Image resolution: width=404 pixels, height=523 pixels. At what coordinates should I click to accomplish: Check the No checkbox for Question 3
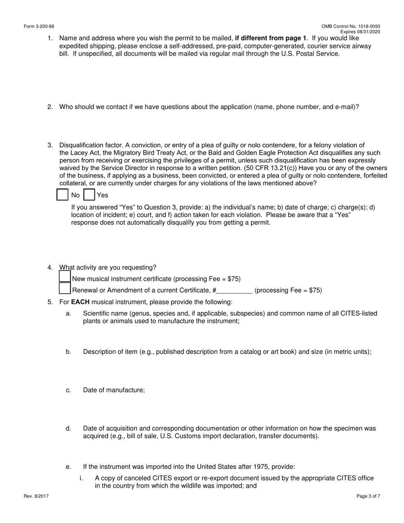click(x=63, y=195)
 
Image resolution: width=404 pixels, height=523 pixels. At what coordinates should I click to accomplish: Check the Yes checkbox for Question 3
click(x=89, y=195)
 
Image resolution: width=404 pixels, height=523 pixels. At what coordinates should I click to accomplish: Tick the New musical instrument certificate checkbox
click(x=65, y=277)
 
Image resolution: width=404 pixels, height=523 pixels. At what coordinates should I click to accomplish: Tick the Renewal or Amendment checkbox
click(x=65, y=288)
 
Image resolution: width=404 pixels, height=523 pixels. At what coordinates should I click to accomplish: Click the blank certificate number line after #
click(x=235, y=291)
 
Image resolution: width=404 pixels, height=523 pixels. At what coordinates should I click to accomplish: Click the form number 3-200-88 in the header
click(x=39, y=26)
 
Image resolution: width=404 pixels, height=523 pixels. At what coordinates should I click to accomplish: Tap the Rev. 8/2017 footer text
click(x=36, y=496)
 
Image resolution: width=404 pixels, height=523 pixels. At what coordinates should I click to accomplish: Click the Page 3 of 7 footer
click(x=368, y=496)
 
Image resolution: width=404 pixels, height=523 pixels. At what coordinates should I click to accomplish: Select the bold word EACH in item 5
click(x=80, y=302)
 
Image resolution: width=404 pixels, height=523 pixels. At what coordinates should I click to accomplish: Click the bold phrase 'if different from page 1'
click(x=270, y=38)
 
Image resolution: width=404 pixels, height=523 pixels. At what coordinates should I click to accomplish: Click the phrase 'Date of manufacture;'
click(x=114, y=390)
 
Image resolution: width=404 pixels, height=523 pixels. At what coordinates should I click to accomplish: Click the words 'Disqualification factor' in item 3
click(x=86, y=145)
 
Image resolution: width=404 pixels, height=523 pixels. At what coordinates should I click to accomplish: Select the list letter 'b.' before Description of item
click(x=68, y=352)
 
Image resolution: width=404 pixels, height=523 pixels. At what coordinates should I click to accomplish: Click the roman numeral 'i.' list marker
click(x=81, y=478)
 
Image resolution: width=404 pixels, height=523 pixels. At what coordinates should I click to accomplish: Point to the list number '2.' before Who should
click(x=50, y=107)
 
